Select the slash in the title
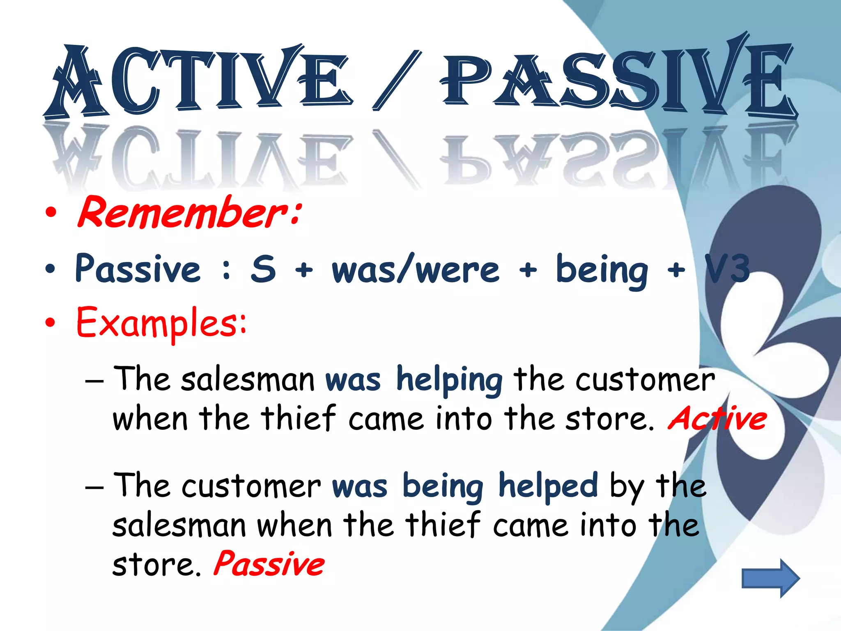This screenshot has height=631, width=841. [x=397, y=80]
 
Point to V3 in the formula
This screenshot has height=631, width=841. [x=727, y=269]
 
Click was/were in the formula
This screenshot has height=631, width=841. [x=416, y=269]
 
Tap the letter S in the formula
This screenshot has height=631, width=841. [x=263, y=269]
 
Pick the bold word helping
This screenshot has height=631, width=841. [x=449, y=380]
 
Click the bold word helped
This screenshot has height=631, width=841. [x=548, y=486]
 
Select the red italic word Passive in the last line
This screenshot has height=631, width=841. [x=269, y=564]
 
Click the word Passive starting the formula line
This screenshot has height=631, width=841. [x=138, y=269]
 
